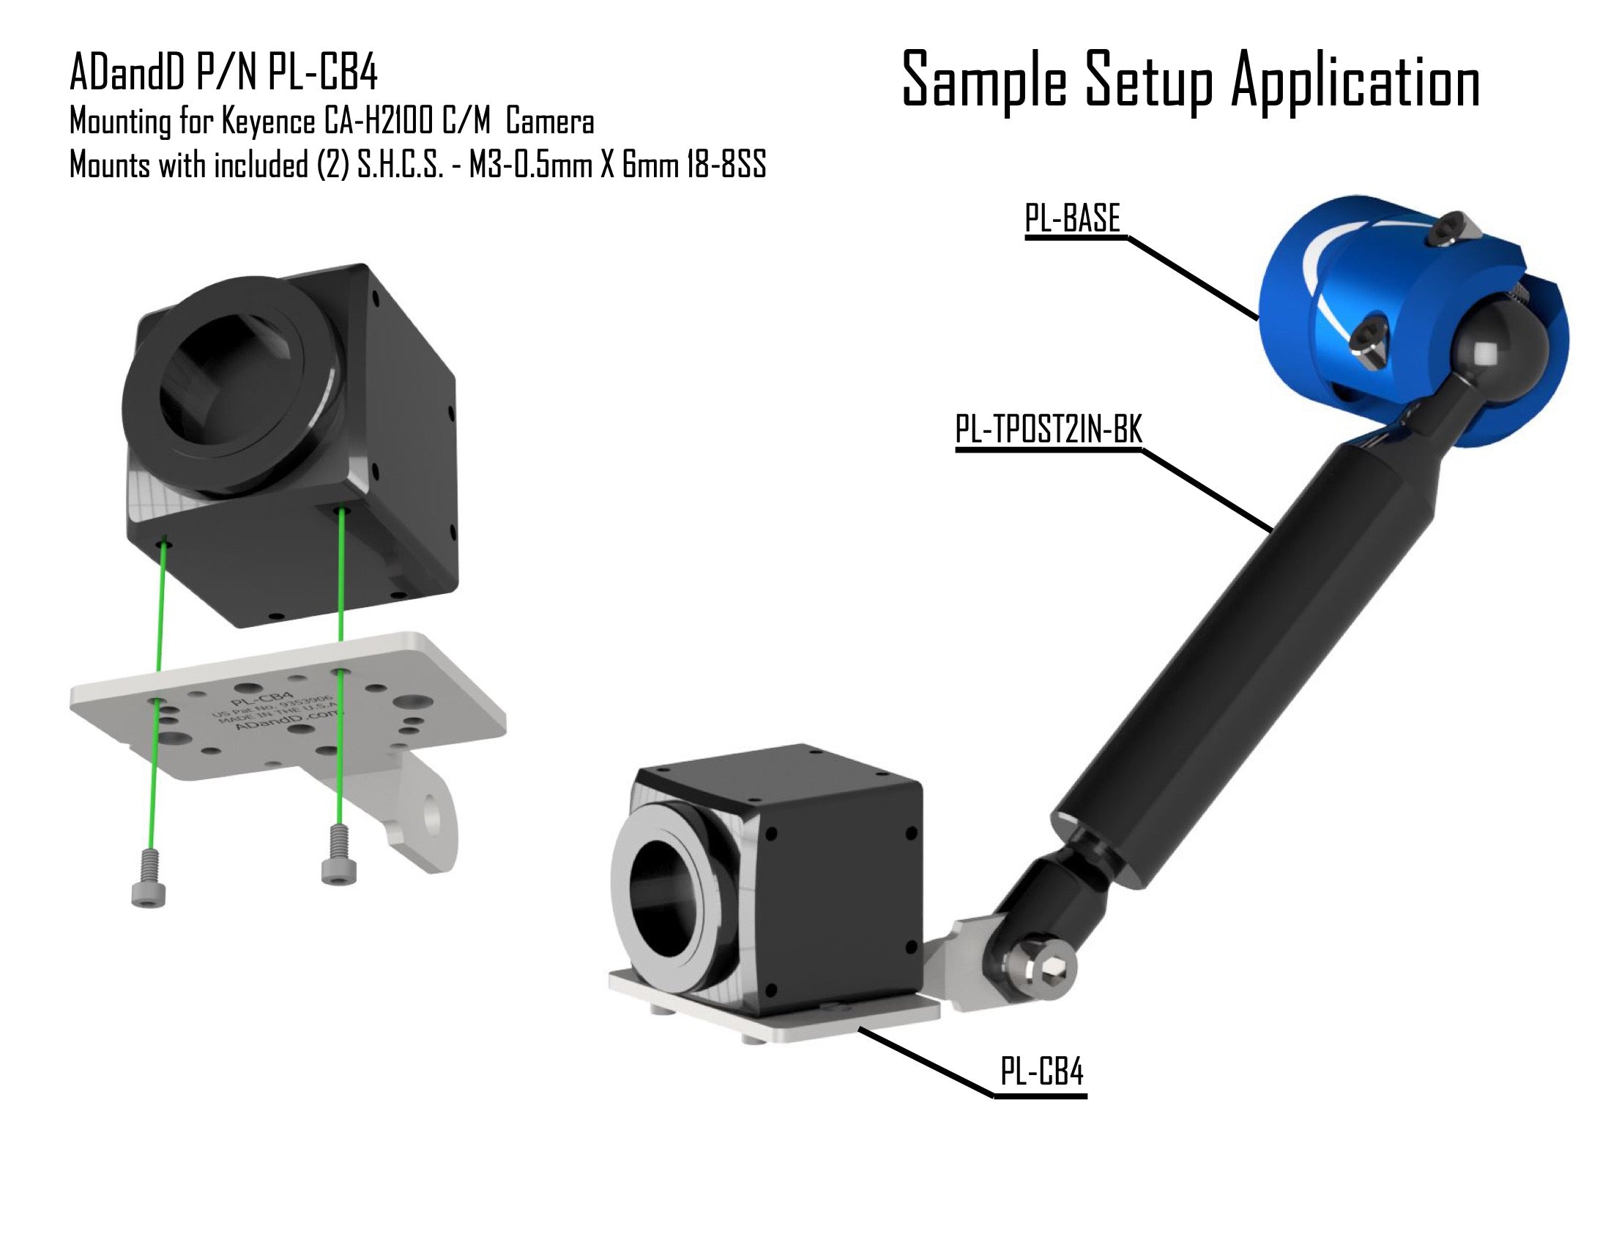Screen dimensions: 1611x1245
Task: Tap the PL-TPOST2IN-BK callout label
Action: tap(1048, 429)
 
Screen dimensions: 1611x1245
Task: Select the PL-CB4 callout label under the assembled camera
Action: tap(1041, 1071)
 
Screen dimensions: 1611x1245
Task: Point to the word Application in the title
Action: tap(1355, 80)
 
